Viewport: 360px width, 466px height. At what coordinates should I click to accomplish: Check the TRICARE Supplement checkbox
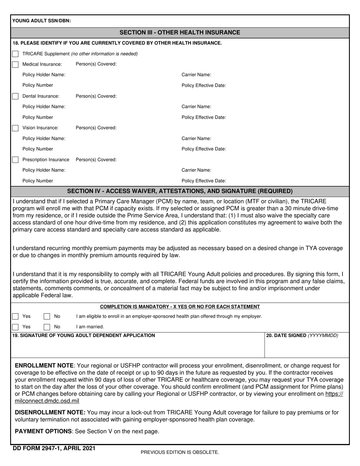[x=15, y=54]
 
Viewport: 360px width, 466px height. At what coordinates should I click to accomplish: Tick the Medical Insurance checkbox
[x=15, y=64]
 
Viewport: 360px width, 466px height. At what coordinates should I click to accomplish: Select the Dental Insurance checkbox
[x=15, y=96]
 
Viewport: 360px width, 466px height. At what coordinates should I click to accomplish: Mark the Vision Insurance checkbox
[x=15, y=128]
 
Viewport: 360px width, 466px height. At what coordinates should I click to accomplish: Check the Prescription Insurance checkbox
[x=15, y=160]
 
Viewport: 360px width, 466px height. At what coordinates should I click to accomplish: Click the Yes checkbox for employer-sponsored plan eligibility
[x=15, y=316]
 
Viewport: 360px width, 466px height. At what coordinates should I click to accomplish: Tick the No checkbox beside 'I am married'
[x=47, y=327]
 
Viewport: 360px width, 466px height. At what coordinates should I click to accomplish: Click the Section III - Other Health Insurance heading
[x=180, y=33]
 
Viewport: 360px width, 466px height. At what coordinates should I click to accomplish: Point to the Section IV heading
[x=180, y=191]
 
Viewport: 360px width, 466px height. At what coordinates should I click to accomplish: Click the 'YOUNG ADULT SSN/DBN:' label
[x=41, y=20]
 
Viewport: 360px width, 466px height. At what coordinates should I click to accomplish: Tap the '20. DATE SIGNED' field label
[x=302, y=335]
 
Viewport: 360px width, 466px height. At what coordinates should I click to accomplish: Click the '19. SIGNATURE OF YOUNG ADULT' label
[x=83, y=335]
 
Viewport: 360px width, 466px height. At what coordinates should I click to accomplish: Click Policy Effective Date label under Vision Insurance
[x=203, y=149]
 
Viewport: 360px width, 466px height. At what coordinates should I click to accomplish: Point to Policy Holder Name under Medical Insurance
[x=44, y=75]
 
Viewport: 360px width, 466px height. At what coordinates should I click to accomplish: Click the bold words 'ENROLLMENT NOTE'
[x=44, y=366]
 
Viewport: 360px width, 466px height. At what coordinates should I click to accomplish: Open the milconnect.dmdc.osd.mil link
[x=47, y=401]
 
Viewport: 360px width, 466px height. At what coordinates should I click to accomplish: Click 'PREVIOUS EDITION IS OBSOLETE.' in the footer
[x=180, y=452]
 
